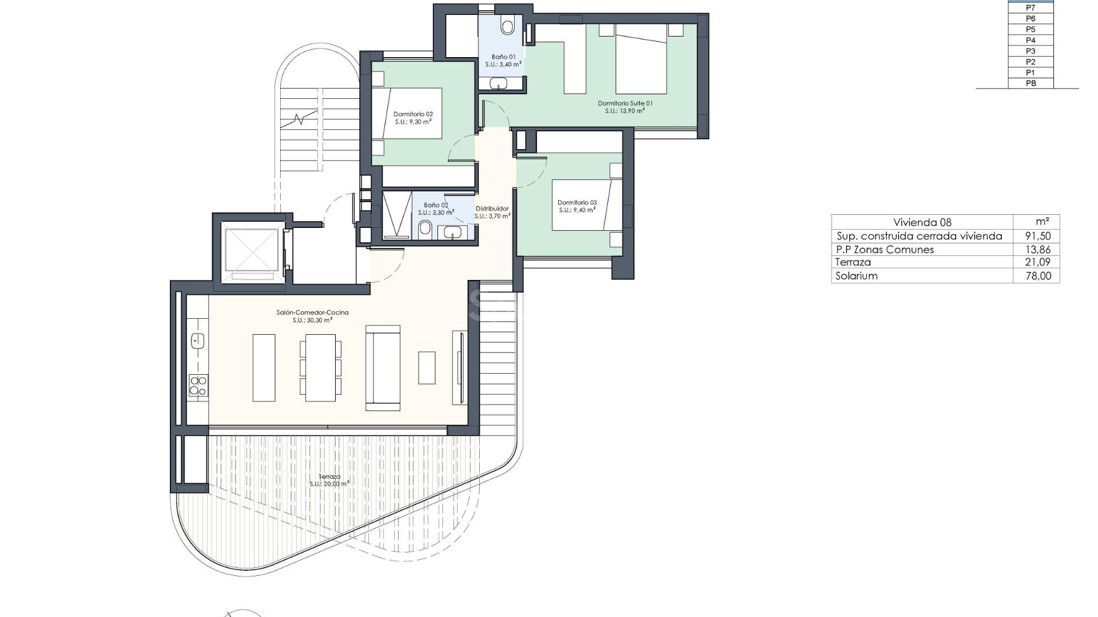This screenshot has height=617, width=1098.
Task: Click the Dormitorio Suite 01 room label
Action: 625,103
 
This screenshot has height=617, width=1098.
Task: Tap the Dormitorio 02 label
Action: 413,114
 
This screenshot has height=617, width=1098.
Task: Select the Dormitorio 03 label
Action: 577,203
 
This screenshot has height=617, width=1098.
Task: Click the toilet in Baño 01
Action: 507,26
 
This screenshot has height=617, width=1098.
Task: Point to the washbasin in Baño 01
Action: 498,83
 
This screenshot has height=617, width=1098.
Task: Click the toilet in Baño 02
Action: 425,230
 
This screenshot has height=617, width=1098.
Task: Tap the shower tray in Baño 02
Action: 396,214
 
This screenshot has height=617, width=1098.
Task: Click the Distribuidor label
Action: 492,209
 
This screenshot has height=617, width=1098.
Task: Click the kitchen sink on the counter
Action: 197,341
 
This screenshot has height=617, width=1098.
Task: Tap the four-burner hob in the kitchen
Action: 198,386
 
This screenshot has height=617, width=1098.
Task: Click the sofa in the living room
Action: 383,368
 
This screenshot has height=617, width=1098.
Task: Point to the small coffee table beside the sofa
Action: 427,367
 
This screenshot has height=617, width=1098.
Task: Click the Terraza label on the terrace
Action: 329,476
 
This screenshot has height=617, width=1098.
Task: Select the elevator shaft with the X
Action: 250,250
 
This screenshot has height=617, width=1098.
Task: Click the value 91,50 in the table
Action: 1037,236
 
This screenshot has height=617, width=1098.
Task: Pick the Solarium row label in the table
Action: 856,276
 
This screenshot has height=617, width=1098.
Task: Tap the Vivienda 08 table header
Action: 922,222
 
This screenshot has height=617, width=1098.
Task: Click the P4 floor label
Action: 1031,40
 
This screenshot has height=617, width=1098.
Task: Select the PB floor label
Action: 1031,83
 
